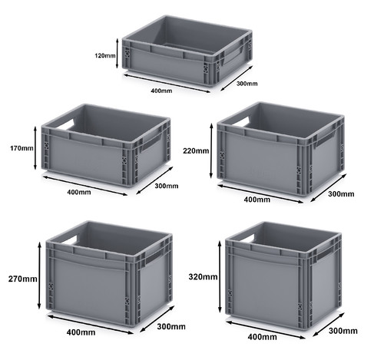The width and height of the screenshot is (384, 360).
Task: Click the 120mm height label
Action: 105,55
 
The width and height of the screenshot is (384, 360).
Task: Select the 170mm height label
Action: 22,148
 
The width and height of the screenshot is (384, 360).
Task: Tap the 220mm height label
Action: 196,151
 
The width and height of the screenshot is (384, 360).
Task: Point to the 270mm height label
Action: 23,279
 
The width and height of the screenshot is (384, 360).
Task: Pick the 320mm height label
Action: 203,276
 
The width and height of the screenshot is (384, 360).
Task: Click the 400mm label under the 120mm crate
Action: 161,91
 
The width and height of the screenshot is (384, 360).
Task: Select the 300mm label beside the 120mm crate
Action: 247,84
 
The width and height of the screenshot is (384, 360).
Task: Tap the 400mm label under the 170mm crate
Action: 79,192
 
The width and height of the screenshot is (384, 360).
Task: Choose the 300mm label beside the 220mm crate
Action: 341,194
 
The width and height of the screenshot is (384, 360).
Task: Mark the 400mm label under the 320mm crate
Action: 262,337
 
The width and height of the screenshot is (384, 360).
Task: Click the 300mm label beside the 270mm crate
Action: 171,326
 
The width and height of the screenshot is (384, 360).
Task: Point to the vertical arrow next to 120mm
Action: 118,53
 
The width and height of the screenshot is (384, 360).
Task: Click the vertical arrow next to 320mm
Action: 220,277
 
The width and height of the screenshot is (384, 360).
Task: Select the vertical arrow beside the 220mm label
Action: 211,150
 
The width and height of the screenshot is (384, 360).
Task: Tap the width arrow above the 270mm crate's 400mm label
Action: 91,325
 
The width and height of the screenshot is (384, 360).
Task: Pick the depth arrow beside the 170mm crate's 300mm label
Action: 154,180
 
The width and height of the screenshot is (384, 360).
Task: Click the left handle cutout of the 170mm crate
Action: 65,124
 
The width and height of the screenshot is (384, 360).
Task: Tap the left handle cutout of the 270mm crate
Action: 68,240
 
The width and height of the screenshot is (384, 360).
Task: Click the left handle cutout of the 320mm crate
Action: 246,239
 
